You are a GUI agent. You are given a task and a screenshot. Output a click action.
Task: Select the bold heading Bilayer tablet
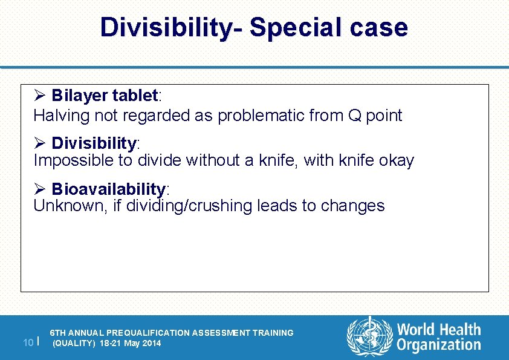pos(104,96)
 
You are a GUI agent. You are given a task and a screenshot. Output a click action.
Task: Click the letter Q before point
pos(353,116)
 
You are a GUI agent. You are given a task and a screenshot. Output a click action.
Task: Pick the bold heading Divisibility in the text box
pos(94,143)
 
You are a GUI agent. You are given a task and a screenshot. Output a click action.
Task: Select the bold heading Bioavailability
pos(108,189)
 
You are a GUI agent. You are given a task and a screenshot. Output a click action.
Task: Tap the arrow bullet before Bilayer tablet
pos(40,96)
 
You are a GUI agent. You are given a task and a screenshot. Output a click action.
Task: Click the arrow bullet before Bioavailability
pos(40,189)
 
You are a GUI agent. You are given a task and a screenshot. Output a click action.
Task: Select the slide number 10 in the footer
pos(28,343)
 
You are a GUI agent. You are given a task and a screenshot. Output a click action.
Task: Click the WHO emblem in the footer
pos(368,336)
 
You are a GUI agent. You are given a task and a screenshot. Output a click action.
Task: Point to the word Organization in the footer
pos(439,345)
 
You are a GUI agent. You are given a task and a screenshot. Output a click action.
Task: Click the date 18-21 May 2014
pos(131,343)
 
